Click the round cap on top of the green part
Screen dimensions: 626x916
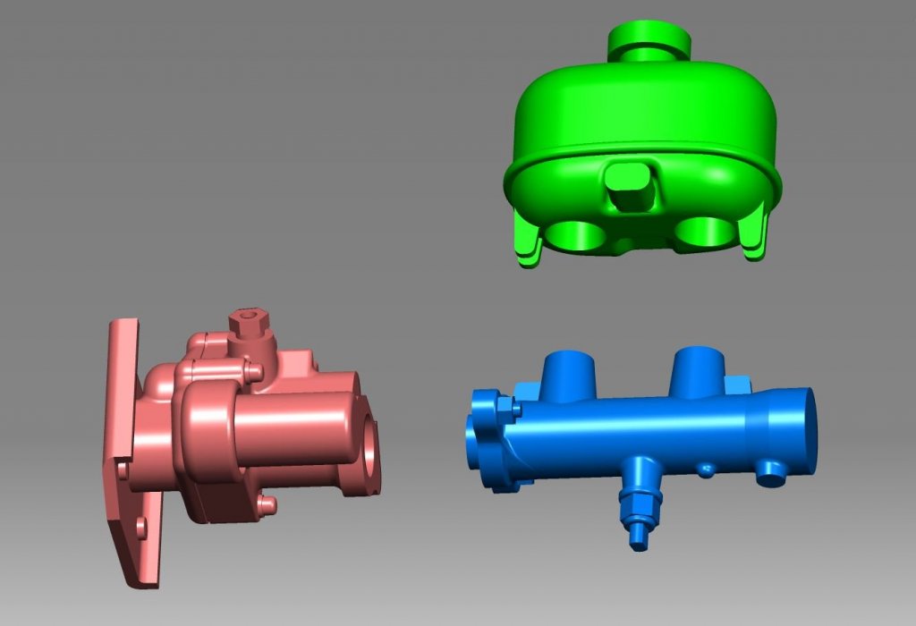[649, 39]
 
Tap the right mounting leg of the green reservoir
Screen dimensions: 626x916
[757, 234]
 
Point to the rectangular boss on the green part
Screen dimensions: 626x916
[632, 187]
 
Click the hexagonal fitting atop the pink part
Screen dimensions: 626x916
[248, 327]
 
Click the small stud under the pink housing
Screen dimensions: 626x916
[265, 505]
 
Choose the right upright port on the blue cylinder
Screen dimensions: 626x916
[698, 369]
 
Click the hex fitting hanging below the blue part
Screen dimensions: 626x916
[640, 505]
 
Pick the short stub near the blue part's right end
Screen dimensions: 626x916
[770, 473]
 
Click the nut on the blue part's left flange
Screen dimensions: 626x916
[506, 408]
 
